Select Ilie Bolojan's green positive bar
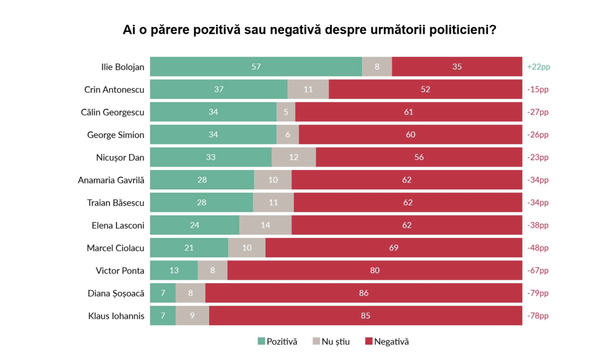coord(256,67)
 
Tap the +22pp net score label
coord(538,67)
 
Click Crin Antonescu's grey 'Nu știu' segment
coord(308,89)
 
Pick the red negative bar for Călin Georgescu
coord(408,112)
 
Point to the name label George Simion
coord(116,135)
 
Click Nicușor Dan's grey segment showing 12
coord(294,157)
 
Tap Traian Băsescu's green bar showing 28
coord(201,202)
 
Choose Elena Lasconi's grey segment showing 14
coord(265,225)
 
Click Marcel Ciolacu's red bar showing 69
coord(393,247)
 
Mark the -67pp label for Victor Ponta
coord(538,271)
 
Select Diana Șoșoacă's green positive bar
coord(163,293)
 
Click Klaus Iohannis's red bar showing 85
coord(365,316)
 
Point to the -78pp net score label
coord(538,316)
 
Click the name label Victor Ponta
coord(120,271)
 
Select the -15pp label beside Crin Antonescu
coord(538,89)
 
